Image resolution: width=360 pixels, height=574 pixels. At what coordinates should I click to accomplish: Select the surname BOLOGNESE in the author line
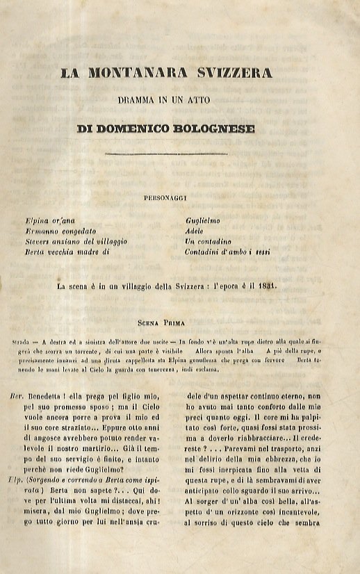coord(215,129)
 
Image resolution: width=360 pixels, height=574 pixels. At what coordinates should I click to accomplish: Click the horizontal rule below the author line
coord(166,154)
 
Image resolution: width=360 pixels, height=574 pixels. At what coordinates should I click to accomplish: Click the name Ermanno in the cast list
coord(41,230)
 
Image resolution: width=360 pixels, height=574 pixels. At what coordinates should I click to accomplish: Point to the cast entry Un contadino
coord(201,240)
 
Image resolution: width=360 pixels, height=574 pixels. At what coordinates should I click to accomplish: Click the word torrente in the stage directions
coord(86,352)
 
